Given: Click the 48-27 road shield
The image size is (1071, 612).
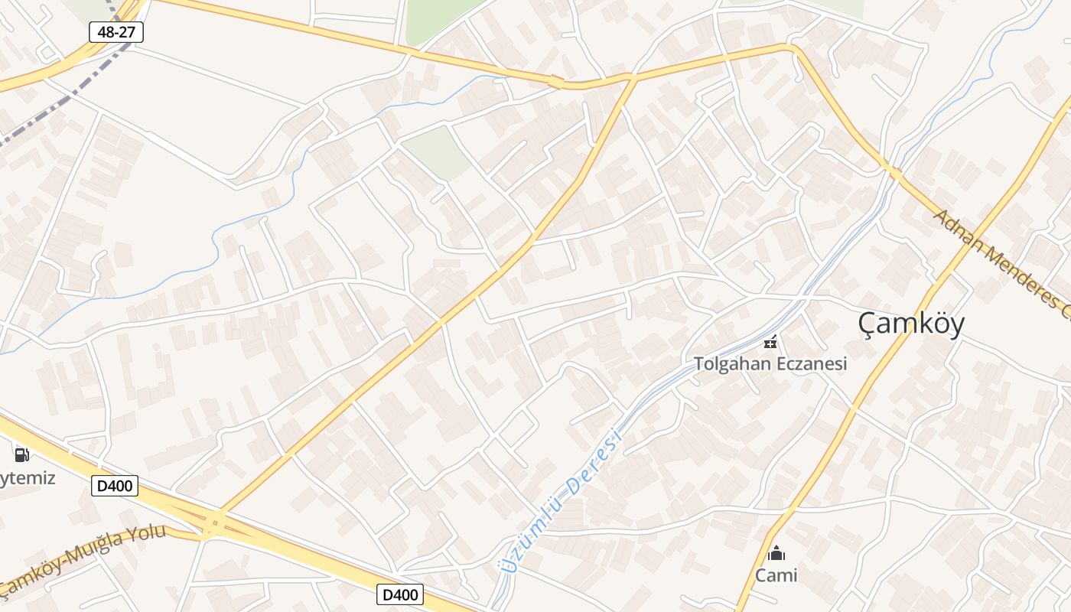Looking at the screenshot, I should (116, 32).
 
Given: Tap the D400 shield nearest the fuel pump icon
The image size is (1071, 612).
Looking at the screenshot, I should (115, 485).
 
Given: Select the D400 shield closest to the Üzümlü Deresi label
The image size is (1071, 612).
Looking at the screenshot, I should (400, 594).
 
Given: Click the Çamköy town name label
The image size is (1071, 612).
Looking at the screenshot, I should (911, 323).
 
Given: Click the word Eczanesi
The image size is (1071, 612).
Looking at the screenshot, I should (810, 364).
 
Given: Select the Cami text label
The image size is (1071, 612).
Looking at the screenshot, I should (776, 575).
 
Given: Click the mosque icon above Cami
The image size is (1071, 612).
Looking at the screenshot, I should (776, 553).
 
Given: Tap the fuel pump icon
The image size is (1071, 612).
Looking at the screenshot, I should (22, 455).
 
